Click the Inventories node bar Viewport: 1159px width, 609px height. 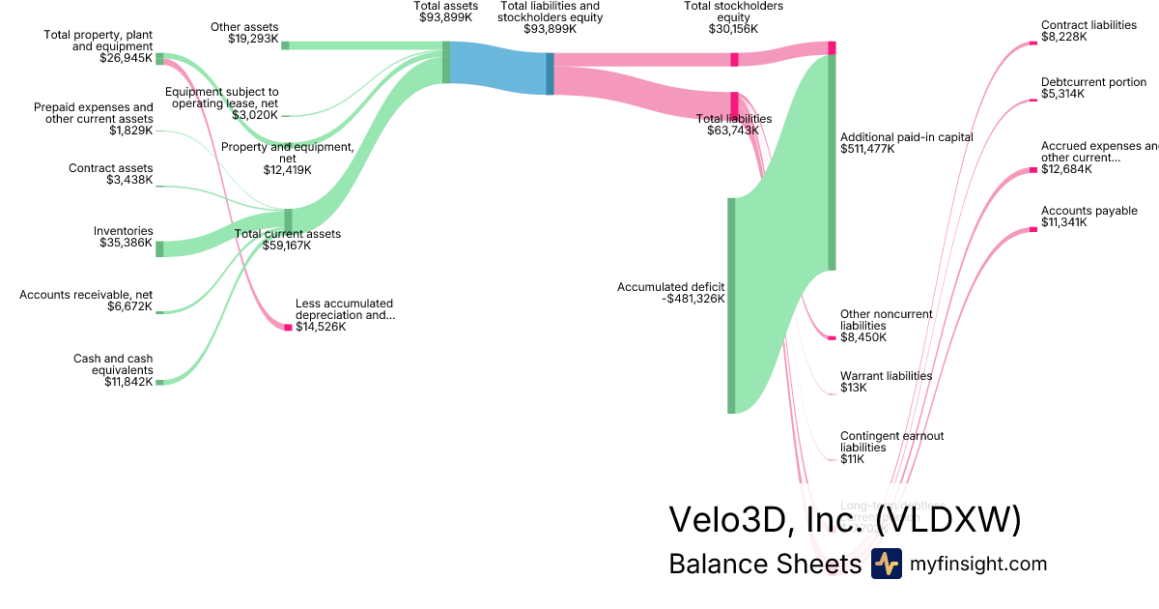point(159,248)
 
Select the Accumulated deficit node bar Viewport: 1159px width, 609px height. point(731,304)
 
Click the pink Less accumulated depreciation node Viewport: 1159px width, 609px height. point(288,328)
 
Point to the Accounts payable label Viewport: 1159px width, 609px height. point(1088,211)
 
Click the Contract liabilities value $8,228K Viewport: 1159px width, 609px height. point(1063,37)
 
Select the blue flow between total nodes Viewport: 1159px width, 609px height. point(497,68)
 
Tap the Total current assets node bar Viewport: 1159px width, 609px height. point(288,220)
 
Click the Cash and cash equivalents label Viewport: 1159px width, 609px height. point(113,364)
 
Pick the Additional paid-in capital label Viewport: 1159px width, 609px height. point(906,137)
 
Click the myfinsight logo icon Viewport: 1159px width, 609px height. point(886,564)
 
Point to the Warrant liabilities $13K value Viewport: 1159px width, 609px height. point(854,388)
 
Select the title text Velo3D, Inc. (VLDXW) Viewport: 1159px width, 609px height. point(844,519)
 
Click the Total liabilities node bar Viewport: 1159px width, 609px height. point(734,104)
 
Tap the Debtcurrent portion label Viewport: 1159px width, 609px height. point(1093,82)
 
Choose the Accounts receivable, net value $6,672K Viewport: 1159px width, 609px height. point(128,306)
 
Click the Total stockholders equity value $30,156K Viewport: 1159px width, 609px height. point(733,29)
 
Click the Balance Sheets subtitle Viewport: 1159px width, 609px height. point(764,565)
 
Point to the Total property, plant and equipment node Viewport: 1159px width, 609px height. point(159,59)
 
